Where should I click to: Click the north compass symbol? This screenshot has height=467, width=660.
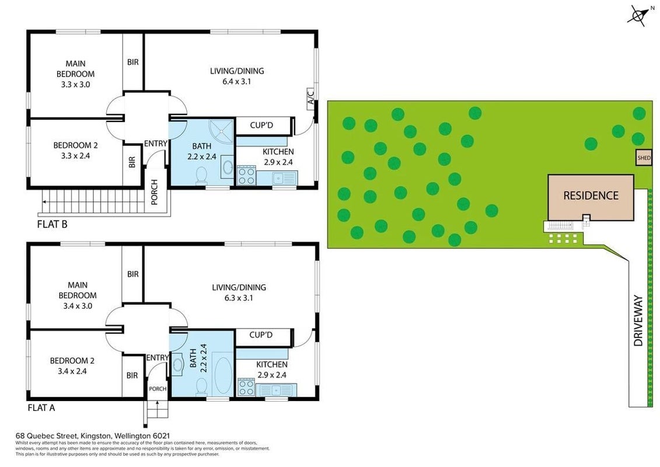[x=637, y=16]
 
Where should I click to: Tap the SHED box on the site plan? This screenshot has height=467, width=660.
[x=644, y=158]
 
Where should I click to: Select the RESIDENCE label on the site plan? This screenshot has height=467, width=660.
[x=591, y=196]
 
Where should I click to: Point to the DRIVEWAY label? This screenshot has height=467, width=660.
[x=638, y=321]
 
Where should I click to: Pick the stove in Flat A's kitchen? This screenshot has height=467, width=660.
[x=246, y=388]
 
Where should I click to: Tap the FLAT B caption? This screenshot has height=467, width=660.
[x=52, y=224]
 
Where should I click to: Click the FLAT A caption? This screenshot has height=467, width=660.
[x=41, y=407]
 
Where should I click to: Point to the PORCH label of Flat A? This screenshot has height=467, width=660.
[x=158, y=389]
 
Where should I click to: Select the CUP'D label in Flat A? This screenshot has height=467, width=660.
[x=261, y=334]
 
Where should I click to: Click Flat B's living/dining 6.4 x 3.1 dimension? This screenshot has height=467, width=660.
[x=237, y=81]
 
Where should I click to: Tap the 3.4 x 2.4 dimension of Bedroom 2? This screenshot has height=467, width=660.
[x=72, y=371]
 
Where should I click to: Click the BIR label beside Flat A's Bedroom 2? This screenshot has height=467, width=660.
[x=132, y=375]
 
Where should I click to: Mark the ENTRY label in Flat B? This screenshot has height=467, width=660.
[x=156, y=144]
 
